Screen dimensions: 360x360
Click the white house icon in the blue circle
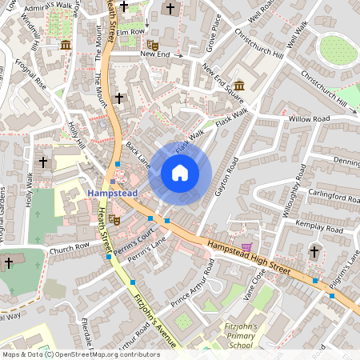pyautogui.click(x=180, y=172)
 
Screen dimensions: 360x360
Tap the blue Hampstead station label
pyautogui.click(x=112, y=194)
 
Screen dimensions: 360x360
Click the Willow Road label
pyautogui.click(x=310, y=118)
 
